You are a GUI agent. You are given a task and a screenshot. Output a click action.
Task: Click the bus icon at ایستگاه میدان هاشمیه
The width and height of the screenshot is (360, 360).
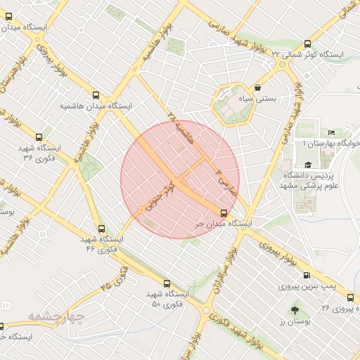[x=96, y=95]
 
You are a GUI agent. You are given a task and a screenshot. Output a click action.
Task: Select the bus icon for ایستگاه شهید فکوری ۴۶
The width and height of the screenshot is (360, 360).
[x=102, y=229]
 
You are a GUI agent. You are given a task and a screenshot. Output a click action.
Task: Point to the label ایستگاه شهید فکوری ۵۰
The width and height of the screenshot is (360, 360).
[x=168, y=299]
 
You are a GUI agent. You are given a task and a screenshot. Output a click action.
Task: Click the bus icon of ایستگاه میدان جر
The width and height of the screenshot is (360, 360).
[x=224, y=212]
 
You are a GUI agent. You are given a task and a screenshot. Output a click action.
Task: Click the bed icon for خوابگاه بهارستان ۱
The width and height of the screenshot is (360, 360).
[x=331, y=133]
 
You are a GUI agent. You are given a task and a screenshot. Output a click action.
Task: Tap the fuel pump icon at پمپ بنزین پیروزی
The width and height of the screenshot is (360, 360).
[x=306, y=276]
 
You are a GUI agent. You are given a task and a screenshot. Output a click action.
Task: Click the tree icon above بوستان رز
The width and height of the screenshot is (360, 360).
[x=293, y=310]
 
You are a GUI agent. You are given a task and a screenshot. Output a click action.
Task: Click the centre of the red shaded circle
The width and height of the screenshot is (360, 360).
[x=180, y=179]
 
